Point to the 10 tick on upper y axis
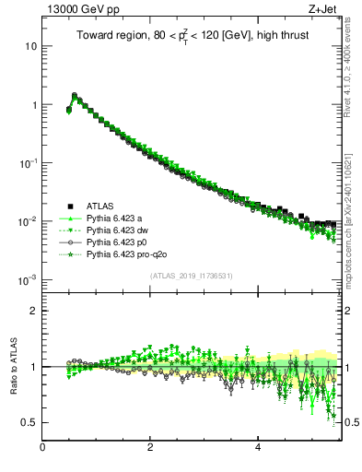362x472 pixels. tap(31, 46)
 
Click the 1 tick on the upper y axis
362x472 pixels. tap(34, 105)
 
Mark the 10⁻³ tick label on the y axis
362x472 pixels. tap(29, 279)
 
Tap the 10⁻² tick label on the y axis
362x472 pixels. tap(29, 221)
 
